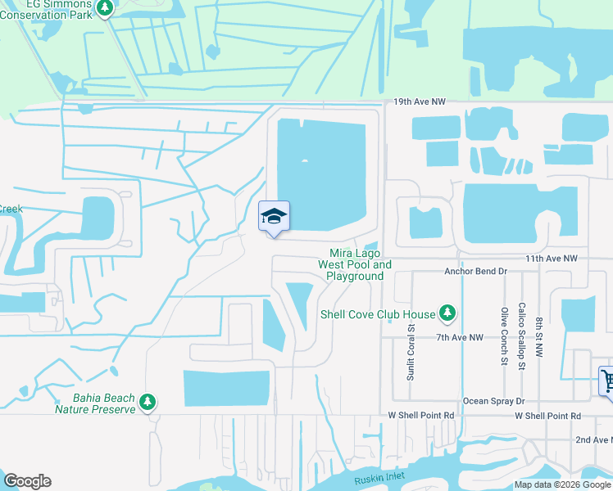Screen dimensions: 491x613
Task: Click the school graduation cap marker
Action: [274, 217]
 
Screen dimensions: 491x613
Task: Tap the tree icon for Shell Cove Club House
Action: [447, 313]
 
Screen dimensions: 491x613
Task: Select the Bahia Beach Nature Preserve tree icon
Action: [148, 402]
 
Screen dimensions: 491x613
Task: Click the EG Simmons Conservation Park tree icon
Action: [104, 8]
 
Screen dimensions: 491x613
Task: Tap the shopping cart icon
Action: [607, 380]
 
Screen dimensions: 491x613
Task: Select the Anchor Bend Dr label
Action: [476, 271]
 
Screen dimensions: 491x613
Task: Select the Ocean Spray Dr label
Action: [493, 401]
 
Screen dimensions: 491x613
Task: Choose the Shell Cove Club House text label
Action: [378, 313]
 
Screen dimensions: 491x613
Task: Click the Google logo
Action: [27, 481]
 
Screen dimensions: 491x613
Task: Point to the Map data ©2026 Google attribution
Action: [562, 484]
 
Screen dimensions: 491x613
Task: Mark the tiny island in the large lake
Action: [305, 160]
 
